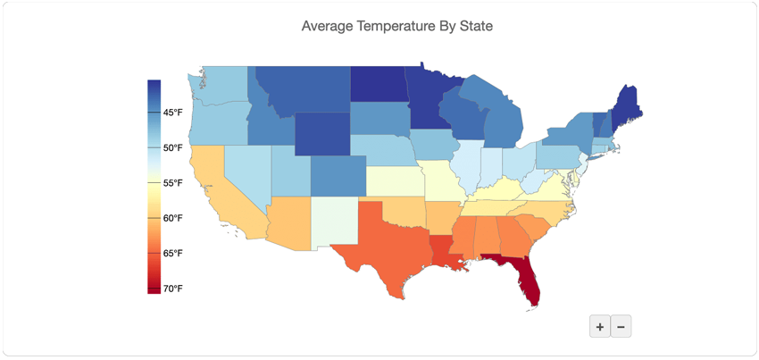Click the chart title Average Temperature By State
point(396,26)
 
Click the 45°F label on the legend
point(172,113)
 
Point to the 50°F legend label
point(172,147)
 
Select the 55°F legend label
point(172,183)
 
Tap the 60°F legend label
point(172,218)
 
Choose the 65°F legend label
point(172,254)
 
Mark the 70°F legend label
point(172,289)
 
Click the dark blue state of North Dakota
point(377,84)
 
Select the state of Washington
point(221,87)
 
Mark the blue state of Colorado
point(338,174)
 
